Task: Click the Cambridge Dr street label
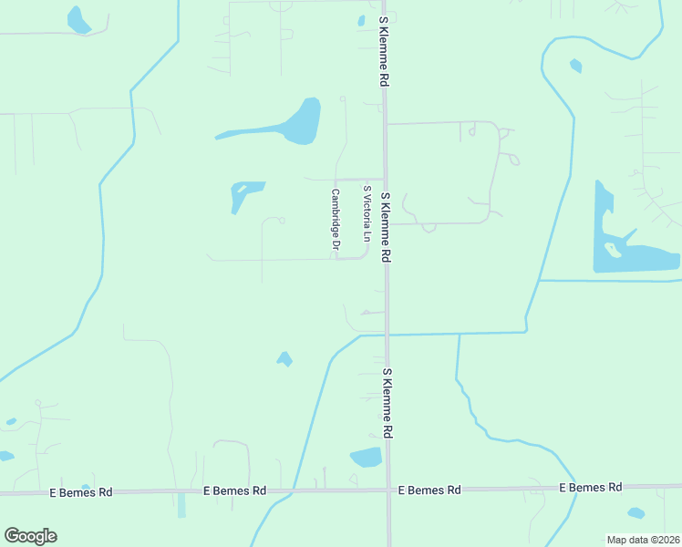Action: (336, 220)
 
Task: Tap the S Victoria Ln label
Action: (367, 214)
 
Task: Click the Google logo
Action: (30, 536)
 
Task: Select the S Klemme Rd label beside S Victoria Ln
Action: (386, 228)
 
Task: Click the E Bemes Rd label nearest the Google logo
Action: (81, 492)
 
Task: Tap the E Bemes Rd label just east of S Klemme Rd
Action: (429, 490)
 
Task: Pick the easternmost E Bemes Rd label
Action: (590, 488)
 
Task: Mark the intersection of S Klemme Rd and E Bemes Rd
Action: (388, 490)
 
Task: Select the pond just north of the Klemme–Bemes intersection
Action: (367, 457)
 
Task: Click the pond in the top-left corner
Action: (78, 20)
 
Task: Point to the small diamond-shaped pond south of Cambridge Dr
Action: (284, 359)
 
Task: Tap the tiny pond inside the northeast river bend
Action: (575, 66)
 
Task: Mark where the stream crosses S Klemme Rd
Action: (387, 335)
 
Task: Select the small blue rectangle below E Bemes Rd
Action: (181, 504)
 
